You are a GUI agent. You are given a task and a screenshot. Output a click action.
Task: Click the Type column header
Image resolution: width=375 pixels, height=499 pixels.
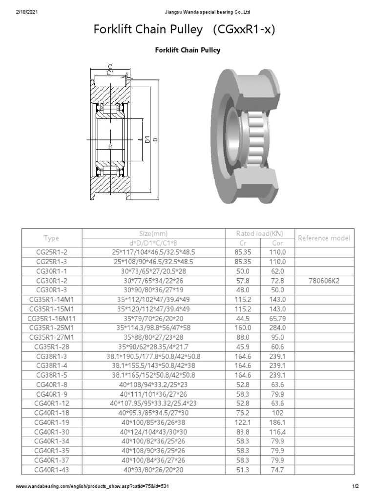[51, 238]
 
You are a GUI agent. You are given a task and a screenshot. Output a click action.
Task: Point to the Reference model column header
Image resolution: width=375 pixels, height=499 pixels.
[324, 238]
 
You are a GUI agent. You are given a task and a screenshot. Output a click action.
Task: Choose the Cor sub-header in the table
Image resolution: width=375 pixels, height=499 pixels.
[277, 243]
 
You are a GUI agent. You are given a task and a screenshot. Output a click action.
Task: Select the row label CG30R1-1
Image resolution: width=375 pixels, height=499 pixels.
[51, 270]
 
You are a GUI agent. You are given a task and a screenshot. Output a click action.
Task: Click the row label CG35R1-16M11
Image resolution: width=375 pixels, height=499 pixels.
[51, 318]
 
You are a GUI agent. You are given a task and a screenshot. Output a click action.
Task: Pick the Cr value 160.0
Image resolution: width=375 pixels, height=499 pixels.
[243, 327]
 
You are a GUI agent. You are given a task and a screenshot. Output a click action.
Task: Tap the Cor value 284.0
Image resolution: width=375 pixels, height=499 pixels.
[277, 327]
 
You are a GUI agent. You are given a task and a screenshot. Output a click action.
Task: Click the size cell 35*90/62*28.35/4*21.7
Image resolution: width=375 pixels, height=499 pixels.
[152, 346]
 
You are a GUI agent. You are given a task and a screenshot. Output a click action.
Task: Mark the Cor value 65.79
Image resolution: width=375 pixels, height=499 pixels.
[277, 318]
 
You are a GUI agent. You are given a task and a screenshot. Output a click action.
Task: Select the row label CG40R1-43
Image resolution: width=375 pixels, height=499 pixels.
[51, 469]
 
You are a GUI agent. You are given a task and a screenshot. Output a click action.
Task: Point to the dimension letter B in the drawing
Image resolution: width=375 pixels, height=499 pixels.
[110, 147]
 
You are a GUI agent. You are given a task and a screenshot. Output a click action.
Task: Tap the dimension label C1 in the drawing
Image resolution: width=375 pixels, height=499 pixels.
[110, 73]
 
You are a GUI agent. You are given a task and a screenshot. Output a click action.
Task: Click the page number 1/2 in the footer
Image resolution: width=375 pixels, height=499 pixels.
[355, 487]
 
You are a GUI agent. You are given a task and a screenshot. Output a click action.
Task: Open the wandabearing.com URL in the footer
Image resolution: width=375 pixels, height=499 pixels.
[93, 487]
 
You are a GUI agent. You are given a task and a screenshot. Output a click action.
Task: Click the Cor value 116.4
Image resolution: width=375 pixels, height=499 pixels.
[277, 432]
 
